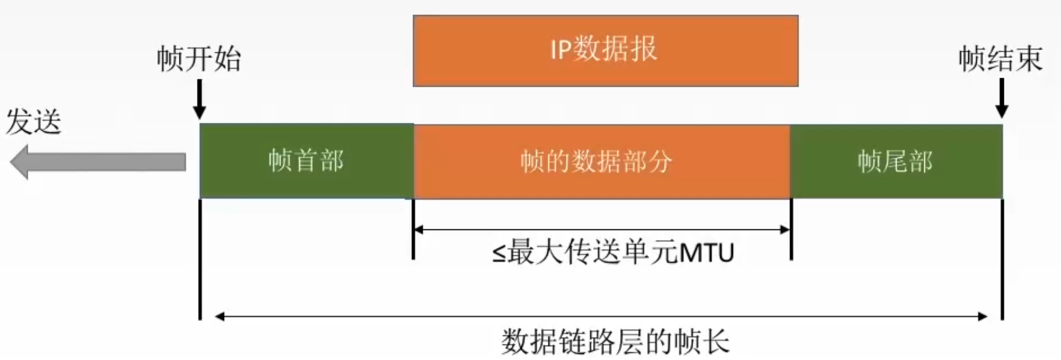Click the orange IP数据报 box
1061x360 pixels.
click(605, 51)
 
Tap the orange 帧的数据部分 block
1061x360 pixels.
click(601, 161)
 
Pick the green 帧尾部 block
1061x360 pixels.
click(895, 161)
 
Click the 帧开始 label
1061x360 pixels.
click(199, 59)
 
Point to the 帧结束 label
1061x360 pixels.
click(1000, 59)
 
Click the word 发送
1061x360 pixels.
click(34, 122)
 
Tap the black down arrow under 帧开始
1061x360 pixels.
click(199, 99)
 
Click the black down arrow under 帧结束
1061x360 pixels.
click(1001, 99)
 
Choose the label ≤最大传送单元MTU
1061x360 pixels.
click(613, 252)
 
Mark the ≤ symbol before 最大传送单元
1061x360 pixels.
click(499, 253)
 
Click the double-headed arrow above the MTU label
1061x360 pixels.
click(601, 229)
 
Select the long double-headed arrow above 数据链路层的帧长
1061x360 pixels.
click(601, 317)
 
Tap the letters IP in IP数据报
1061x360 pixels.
click(560, 49)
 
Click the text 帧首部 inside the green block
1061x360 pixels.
click(306, 161)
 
